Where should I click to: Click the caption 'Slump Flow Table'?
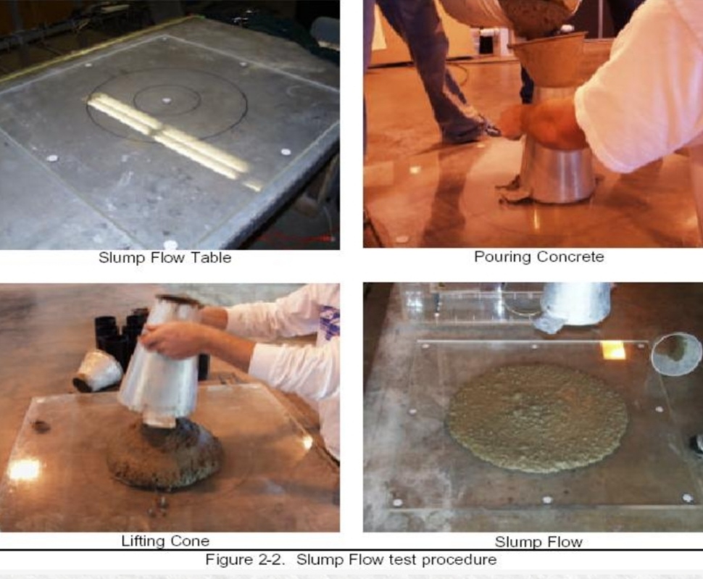(x=165, y=258)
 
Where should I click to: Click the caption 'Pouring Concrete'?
(x=539, y=257)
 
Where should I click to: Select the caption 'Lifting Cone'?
(x=165, y=541)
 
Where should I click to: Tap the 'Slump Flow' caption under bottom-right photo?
(x=538, y=542)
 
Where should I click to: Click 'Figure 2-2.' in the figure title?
(x=245, y=559)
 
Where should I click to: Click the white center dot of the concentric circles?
(x=167, y=101)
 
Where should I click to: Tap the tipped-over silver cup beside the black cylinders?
(x=96, y=370)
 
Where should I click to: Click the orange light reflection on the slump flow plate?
(x=613, y=350)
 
